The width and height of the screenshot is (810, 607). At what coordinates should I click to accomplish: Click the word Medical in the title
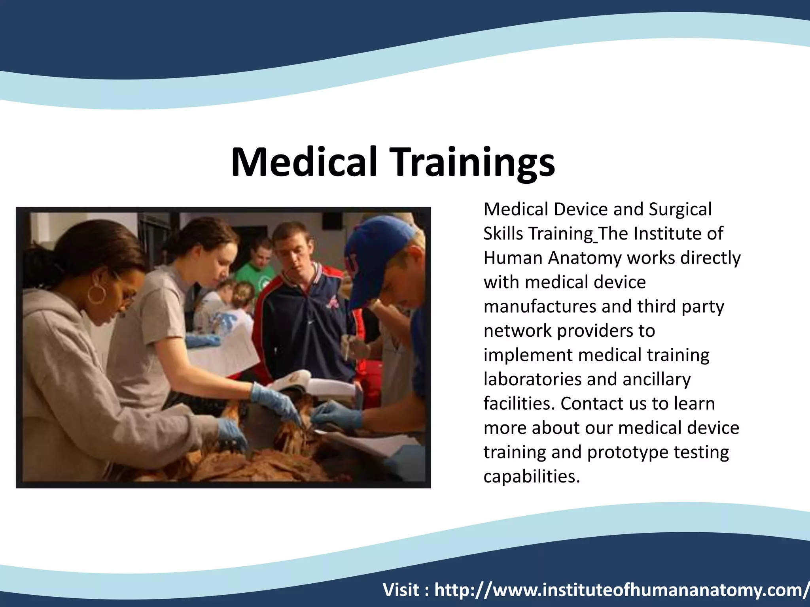pos(304,162)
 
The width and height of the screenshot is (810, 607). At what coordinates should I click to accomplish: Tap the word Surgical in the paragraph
pos(680,210)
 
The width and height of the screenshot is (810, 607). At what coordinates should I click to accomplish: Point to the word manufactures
pos(540,307)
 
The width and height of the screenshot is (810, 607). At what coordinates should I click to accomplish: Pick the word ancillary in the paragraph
pos(656,379)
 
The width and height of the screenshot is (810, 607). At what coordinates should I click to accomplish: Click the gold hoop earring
pos(97,294)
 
